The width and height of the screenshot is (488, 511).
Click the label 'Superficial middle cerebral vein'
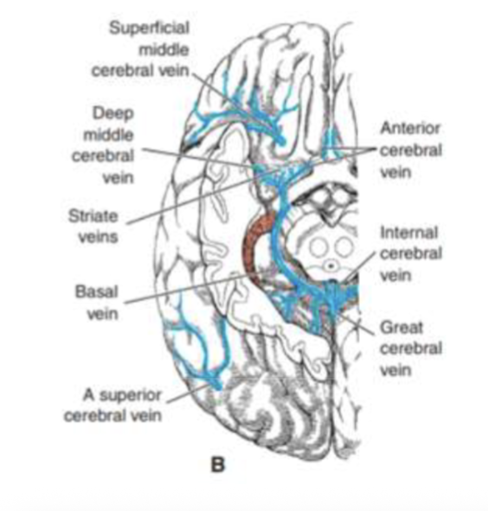[149, 50]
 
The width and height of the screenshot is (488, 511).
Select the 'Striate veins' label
[93, 226]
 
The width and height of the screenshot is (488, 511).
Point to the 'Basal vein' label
[97, 302]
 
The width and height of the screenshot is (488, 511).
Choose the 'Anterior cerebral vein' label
[410, 150]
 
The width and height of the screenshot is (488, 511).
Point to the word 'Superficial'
[149, 28]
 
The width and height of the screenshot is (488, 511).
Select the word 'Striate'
[93, 216]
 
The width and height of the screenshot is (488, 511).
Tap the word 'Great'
[401, 328]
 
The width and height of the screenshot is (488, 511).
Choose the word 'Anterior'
[410, 129]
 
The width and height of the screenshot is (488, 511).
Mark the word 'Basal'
[97, 291]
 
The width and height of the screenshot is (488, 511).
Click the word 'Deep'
[113, 115]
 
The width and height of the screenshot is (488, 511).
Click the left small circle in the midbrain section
[318, 248]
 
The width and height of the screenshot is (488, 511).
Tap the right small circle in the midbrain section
[343, 248]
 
